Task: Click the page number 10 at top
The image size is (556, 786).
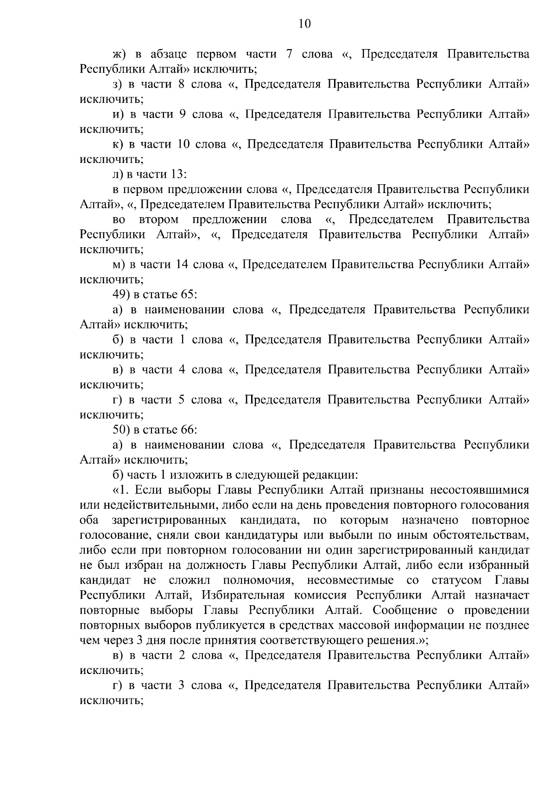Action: coord(304,24)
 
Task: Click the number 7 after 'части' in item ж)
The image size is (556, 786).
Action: coord(289,54)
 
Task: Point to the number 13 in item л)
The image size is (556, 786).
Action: coord(178,174)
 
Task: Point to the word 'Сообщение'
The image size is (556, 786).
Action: coord(404,610)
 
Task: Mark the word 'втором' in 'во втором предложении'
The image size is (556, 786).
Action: coord(159,219)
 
